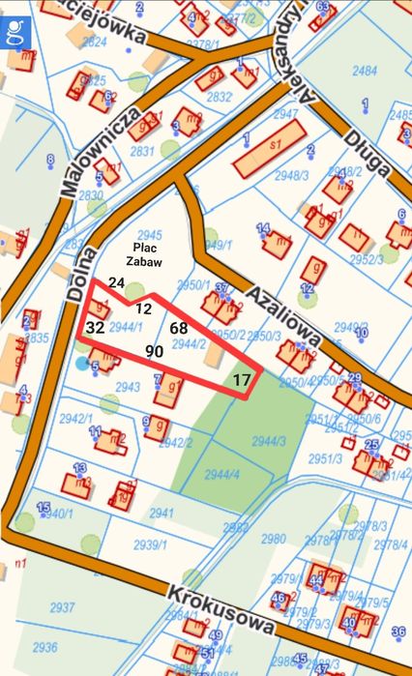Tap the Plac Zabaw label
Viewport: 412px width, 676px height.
click(147, 254)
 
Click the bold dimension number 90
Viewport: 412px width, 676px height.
click(154, 351)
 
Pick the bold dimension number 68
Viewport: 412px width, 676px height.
click(179, 329)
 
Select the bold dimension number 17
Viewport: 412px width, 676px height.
click(242, 381)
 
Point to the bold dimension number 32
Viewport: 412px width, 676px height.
click(95, 328)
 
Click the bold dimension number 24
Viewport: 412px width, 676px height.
click(117, 282)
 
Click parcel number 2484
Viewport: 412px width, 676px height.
click(365, 71)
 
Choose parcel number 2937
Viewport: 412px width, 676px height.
click(62, 606)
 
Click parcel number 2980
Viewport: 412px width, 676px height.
click(274, 539)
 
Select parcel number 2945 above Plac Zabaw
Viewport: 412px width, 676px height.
click(150, 235)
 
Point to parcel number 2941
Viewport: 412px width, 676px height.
click(162, 513)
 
